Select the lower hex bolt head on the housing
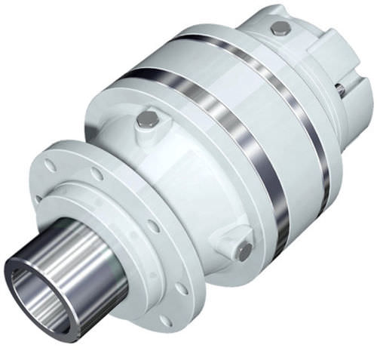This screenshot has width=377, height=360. [243, 252]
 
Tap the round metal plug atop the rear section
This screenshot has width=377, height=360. [280, 28]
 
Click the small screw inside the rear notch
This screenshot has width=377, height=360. [340, 90]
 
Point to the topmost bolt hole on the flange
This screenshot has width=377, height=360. [50, 165]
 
